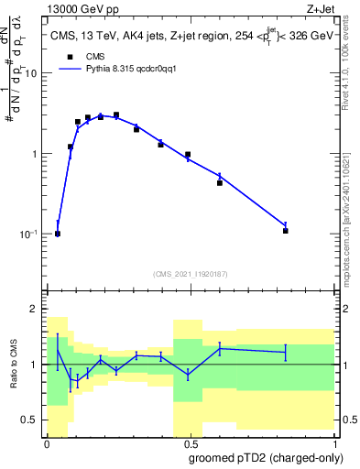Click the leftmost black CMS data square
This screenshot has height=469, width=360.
(x=58, y=234)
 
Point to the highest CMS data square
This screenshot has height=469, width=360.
(x=116, y=115)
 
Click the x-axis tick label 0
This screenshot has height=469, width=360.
(x=47, y=442)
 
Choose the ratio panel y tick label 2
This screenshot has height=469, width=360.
(x=37, y=309)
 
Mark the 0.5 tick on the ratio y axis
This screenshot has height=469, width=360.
(x=33, y=420)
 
